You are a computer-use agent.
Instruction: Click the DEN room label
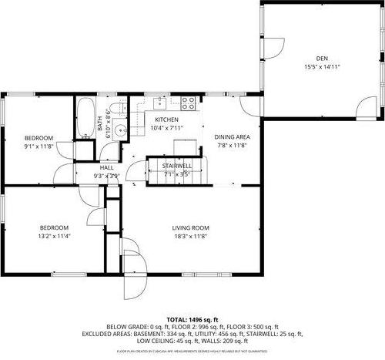tap(322, 59)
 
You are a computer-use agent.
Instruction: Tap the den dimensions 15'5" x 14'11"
tap(322, 67)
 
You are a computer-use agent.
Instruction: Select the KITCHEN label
tap(167, 120)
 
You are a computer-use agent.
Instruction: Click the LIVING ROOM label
tap(189, 227)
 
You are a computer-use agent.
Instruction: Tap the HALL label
tap(106, 167)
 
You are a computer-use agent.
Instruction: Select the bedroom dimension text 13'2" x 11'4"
tap(55, 236)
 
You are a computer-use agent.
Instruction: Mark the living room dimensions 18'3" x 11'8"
tap(189, 236)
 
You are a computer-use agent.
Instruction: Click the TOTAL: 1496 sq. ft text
tap(192, 319)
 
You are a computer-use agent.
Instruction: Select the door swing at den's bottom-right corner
tap(367, 108)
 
